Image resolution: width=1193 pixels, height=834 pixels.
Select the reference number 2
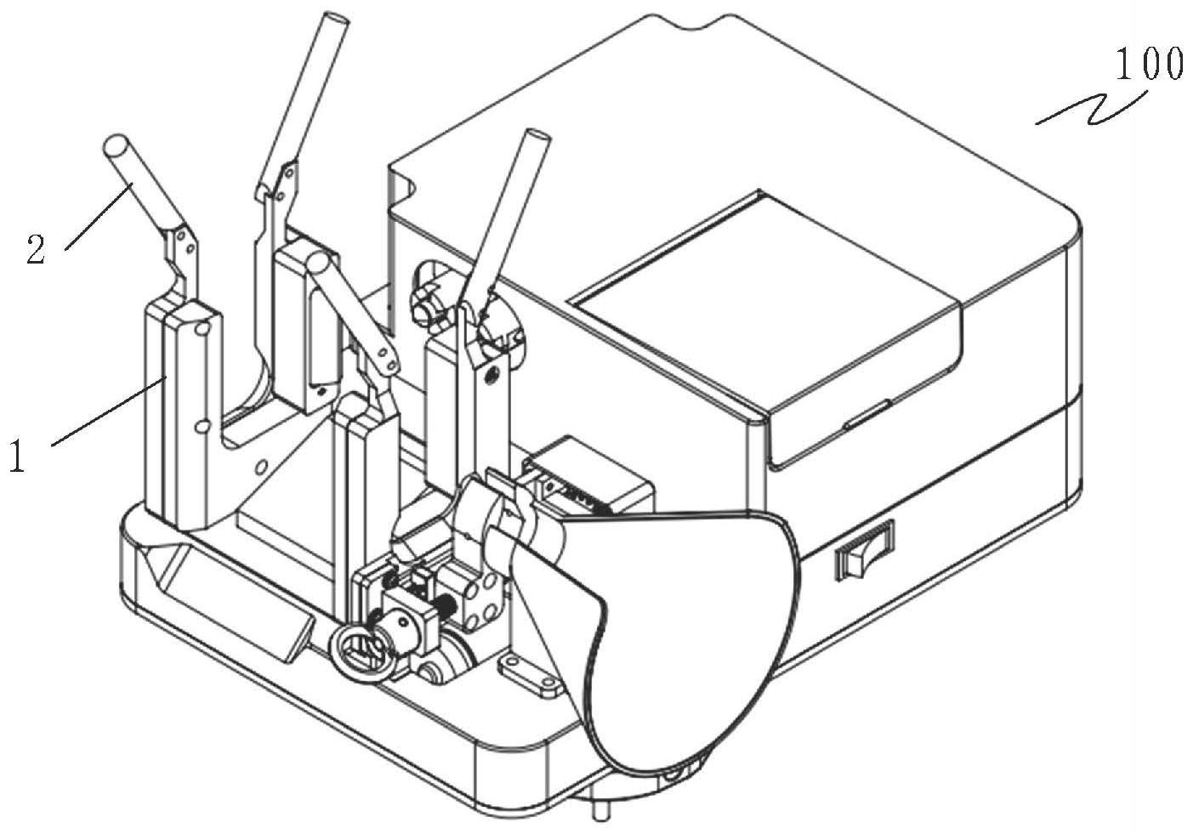(x=36, y=252)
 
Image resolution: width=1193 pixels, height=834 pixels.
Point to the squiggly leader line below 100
(x=1088, y=110)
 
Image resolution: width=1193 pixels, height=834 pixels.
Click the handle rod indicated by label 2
(x=140, y=183)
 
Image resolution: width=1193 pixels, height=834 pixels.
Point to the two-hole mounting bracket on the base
(x=528, y=672)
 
